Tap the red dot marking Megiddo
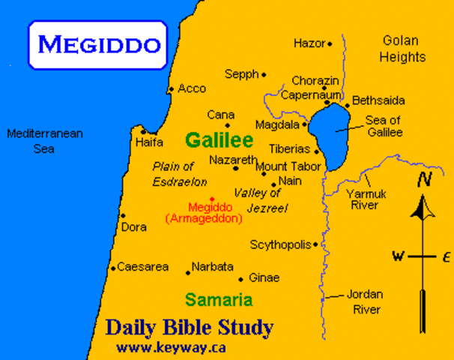pos(212,199)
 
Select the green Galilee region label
pos(219,140)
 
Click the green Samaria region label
pos(219,300)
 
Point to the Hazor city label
pos(309,43)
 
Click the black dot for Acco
pos(171,89)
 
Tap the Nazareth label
pos(234,160)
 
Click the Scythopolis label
pos(282,244)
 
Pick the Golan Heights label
pos(402,48)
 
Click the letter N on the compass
pos(425,180)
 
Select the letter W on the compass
pos(398,256)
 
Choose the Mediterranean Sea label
pos(44,141)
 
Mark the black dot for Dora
pos(123,215)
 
